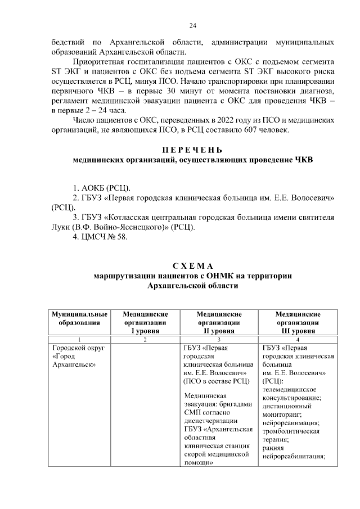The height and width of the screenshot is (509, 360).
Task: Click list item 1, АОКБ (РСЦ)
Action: point(104,187)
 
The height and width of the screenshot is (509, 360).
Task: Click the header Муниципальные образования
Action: point(79,318)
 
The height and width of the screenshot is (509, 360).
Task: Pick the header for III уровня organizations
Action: point(298,323)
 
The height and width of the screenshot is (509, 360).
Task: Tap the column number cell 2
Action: point(145,340)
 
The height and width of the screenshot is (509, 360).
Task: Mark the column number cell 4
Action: point(298,340)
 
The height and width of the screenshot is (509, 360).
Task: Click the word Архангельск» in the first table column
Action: point(73,364)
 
